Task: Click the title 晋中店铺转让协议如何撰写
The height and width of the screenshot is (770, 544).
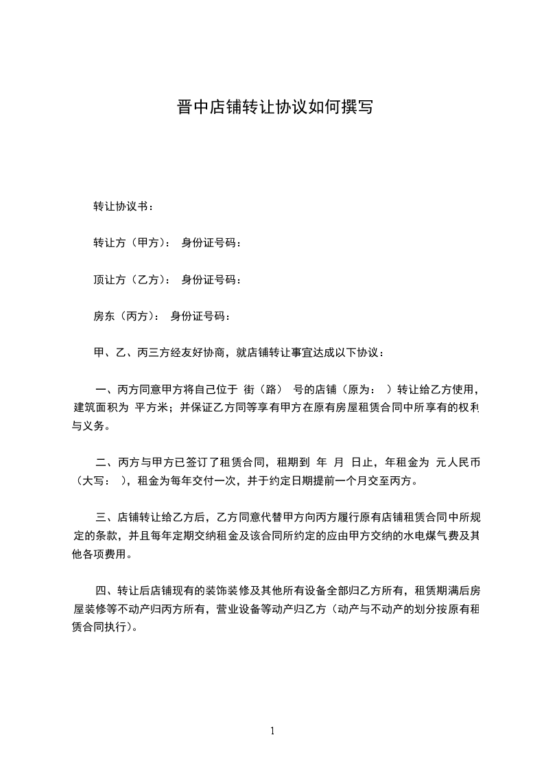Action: (272, 108)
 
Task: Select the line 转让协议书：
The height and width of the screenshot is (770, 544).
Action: (123, 206)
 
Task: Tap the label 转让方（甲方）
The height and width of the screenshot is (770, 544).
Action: (128, 243)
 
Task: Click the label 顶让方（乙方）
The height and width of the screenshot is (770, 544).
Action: (128, 279)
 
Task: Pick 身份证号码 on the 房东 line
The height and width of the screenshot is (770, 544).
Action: (198, 316)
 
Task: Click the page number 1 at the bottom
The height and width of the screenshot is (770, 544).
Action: (272, 731)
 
